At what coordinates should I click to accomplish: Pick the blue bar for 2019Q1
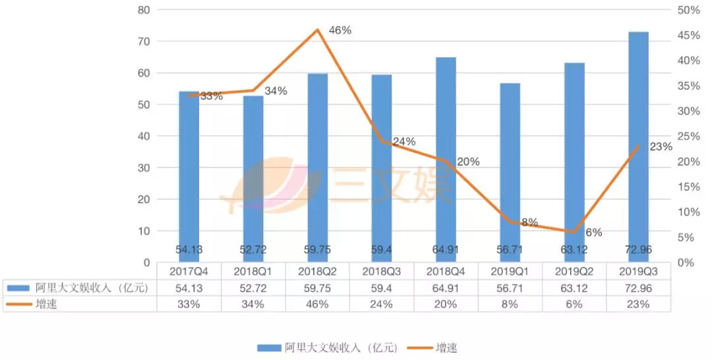510,172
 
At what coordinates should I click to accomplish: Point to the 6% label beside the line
593,232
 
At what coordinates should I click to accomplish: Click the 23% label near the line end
661,147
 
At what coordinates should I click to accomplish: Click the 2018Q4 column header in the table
446,271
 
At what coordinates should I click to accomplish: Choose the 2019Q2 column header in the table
574,271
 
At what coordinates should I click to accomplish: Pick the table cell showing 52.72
253,287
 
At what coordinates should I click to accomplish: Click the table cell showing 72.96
638,287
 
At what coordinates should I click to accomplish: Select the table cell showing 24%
382,304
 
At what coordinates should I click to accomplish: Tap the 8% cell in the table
510,304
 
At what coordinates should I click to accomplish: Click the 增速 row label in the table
46,304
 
